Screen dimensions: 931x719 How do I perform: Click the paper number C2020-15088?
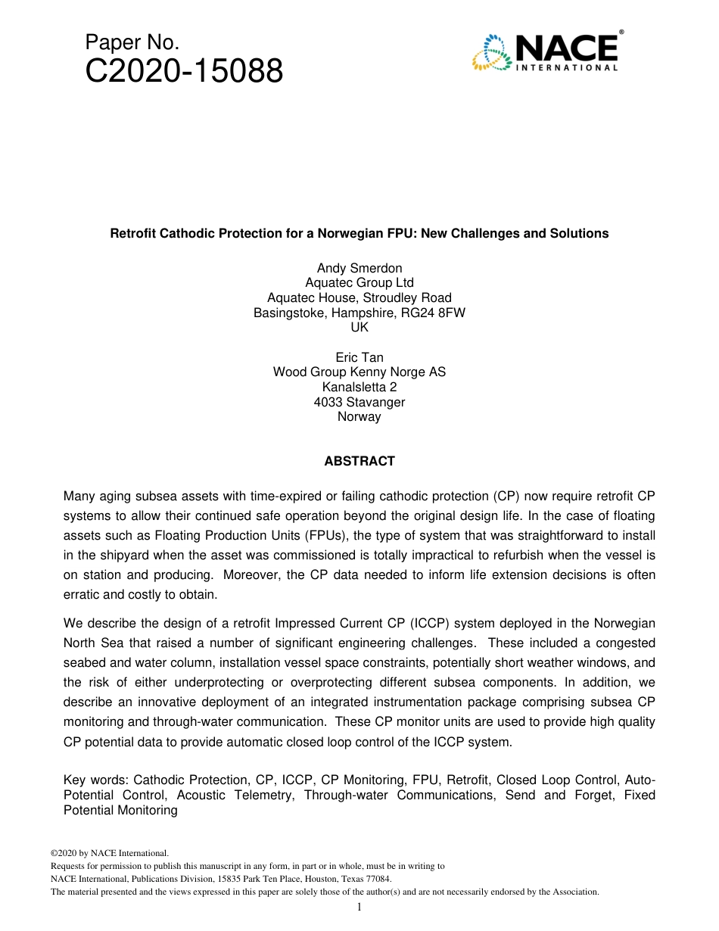coord(184,72)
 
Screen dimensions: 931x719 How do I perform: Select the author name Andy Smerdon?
coord(359,268)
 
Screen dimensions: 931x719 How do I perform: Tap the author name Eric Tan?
coord(359,357)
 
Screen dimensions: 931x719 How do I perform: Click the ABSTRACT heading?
coord(359,461)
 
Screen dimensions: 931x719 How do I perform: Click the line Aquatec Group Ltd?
coord(359,283)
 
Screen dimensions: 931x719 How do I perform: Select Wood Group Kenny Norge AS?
coord(359,372)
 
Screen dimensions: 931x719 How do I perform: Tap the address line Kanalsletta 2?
coord(359,387)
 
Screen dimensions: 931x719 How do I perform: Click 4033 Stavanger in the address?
coord(359,402)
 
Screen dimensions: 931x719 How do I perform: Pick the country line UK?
coord(359,327)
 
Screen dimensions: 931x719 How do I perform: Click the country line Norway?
coord(359,416)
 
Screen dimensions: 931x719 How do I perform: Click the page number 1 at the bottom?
coord(359,907)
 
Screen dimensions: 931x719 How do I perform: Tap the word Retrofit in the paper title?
coord(133,233)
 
